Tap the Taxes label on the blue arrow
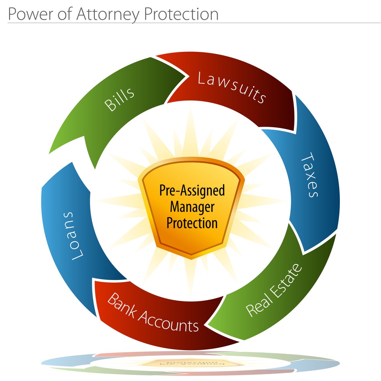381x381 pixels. (309, 175)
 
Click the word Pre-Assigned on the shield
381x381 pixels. (192, 190)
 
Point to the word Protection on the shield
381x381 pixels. (192, 223)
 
